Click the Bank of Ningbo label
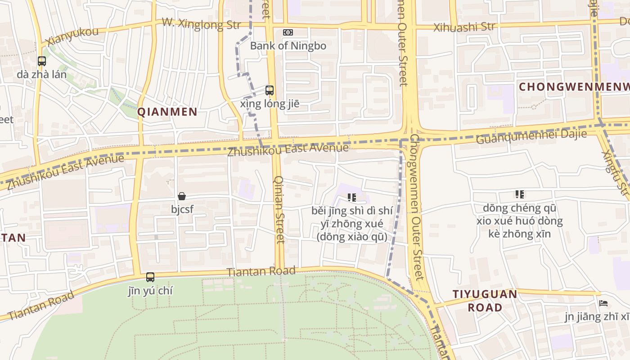pyautogui.click(x=288, y=45)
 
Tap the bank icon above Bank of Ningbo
pyautogui.click(x=288, y=32)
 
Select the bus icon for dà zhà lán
pyautogui.click(x=42, y=61)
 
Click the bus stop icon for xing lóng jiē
pyautogui.click(x=270, y=90)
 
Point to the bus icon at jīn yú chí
pyautogui.click(x=150, y=277)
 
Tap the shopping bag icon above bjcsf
pyautogui.click(x=182, y=196)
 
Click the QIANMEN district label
pyautogui.click(x=167, y=112)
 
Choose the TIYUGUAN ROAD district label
pyautogui.click(x=485, y=301)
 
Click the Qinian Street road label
pyautogui.click(x=279, y=209)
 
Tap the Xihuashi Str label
pyautogui.click(x=464, y=27)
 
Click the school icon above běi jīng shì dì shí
pyautogui.click(x=352, y=197)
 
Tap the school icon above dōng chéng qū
pyautogui.click(x=520, y=194)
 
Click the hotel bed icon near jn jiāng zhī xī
pyautogui.click(x=603, y=303)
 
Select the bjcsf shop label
pyautogui.click(x=182, y=209)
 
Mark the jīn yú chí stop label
pyautogui.click(x=150, y=291)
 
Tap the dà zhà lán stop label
pyautogui.click(x=42, y=74)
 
